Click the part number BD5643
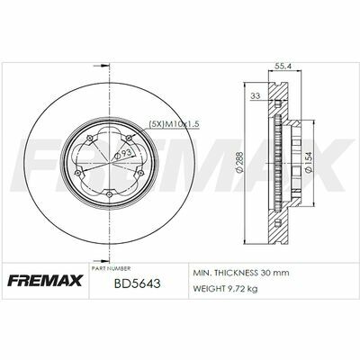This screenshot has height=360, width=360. pyautogui.click(x=137, y=283)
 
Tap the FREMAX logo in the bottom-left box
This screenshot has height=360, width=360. pyautogui.click(x=44, y=281)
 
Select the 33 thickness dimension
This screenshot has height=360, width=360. pyautogui.click(x=256, y=96)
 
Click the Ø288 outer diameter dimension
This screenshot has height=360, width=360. pyautogui.click(x=239, y=162)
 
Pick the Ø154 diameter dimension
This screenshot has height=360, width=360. pyautogui.click(x=308, y=162)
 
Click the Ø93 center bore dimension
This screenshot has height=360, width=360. pyautogui.click(x=123, y=153)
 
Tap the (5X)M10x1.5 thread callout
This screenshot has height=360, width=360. pyautogui.click(x=175, y=123)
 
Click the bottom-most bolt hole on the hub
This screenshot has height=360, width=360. pyautogui.click(x=110, y=194)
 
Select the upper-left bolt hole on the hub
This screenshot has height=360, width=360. pyautogui.click(x=89, y=138)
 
